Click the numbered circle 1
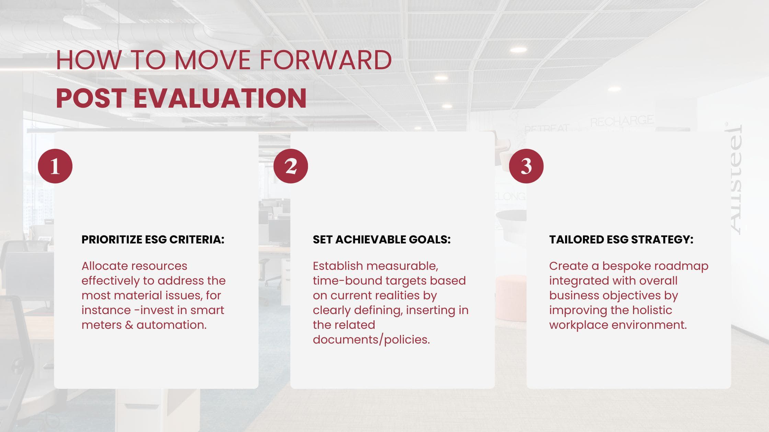55,166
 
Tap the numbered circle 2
291,166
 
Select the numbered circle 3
526,166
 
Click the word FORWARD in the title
325,60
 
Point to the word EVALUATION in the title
222,98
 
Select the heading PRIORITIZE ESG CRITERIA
153,239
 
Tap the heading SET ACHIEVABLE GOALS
381,239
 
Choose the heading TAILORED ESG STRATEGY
621,239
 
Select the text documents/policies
371,339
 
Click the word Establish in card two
338,266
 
